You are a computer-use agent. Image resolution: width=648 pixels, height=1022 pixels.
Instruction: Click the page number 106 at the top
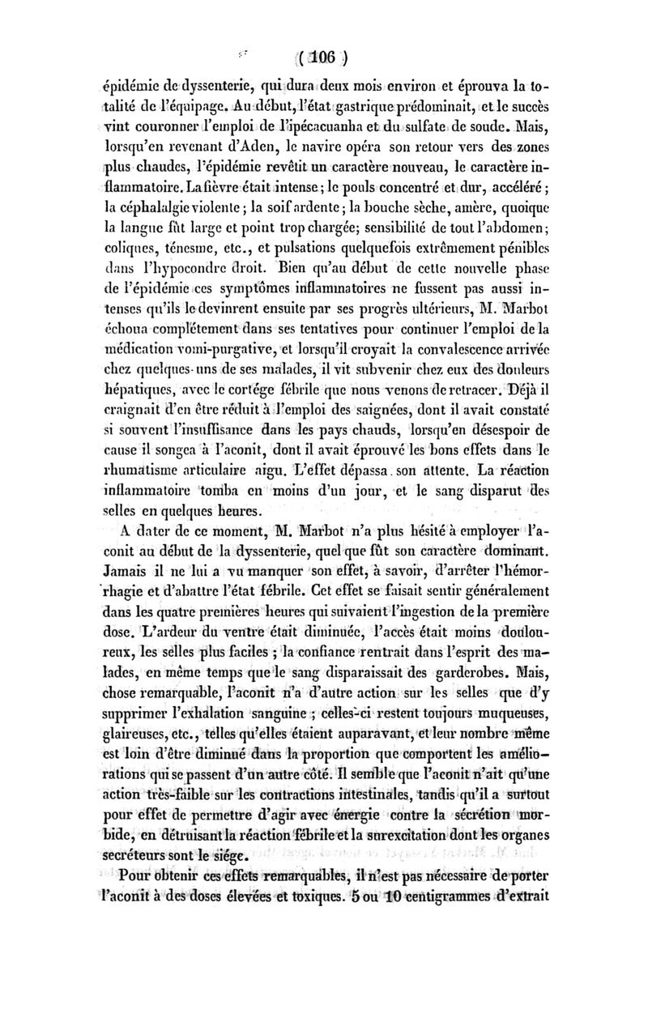click(323, 59)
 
